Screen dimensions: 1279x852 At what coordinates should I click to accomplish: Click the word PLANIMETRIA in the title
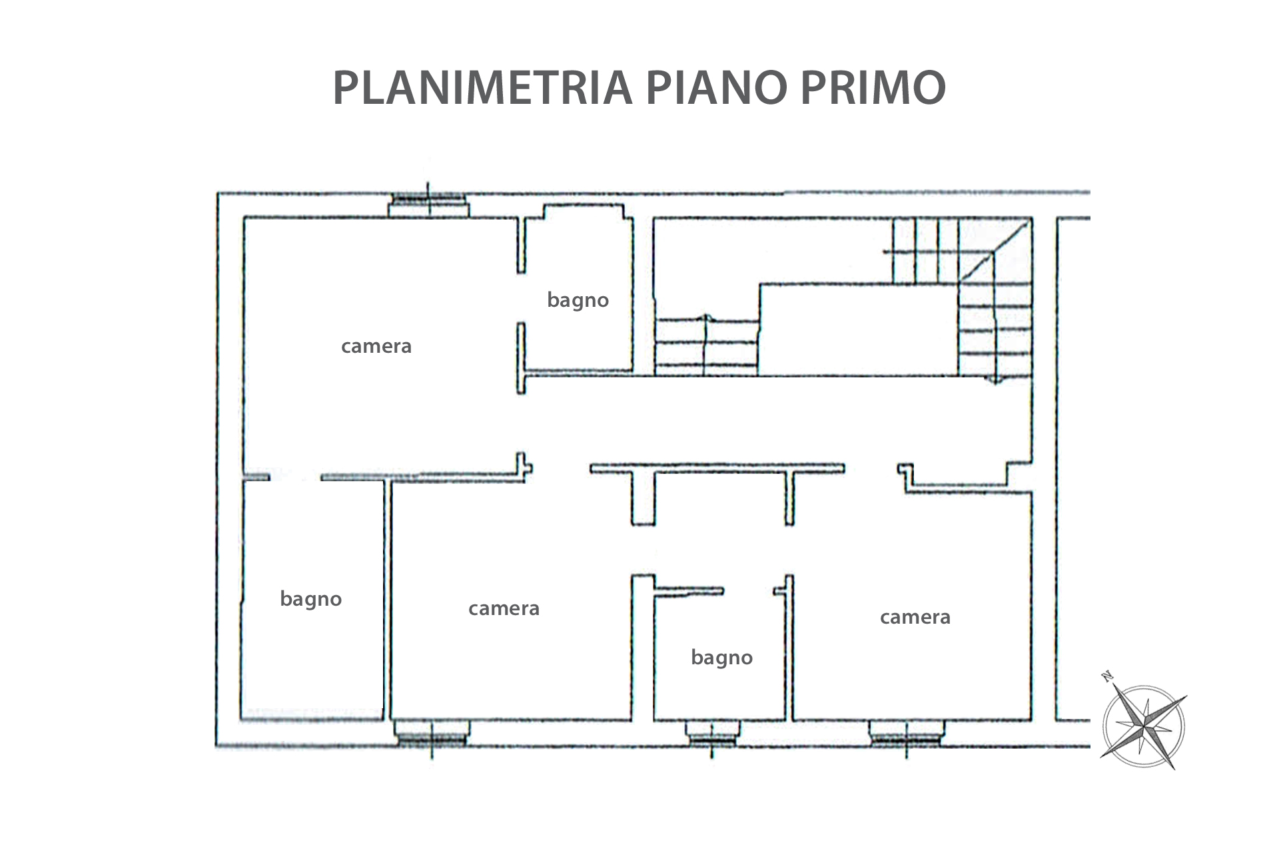click(x=482, y=87)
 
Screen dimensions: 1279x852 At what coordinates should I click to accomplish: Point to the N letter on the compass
click(x=1108, y=678)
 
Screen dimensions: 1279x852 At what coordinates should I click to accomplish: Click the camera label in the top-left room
click(x=376, y=346)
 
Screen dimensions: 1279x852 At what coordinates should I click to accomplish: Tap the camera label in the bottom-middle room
click(x=504, y=608)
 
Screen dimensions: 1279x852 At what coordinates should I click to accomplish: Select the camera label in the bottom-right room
click(x=915, y=617)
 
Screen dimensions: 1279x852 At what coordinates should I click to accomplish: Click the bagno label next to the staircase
click(x=578, y=300)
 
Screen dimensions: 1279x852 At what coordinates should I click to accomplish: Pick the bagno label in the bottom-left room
click(x=311, y=599)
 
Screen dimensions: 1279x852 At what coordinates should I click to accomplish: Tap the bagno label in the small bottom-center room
click(x=722, y=658)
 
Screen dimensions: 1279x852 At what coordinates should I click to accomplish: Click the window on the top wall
click(x=429, y=204)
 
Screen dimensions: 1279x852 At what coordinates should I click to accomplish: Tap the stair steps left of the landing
click(x=707, y=347)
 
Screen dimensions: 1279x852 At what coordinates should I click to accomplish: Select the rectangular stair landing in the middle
click(x=859, y=330)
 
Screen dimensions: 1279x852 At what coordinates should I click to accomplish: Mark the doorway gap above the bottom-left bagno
click(x=295, y=477)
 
